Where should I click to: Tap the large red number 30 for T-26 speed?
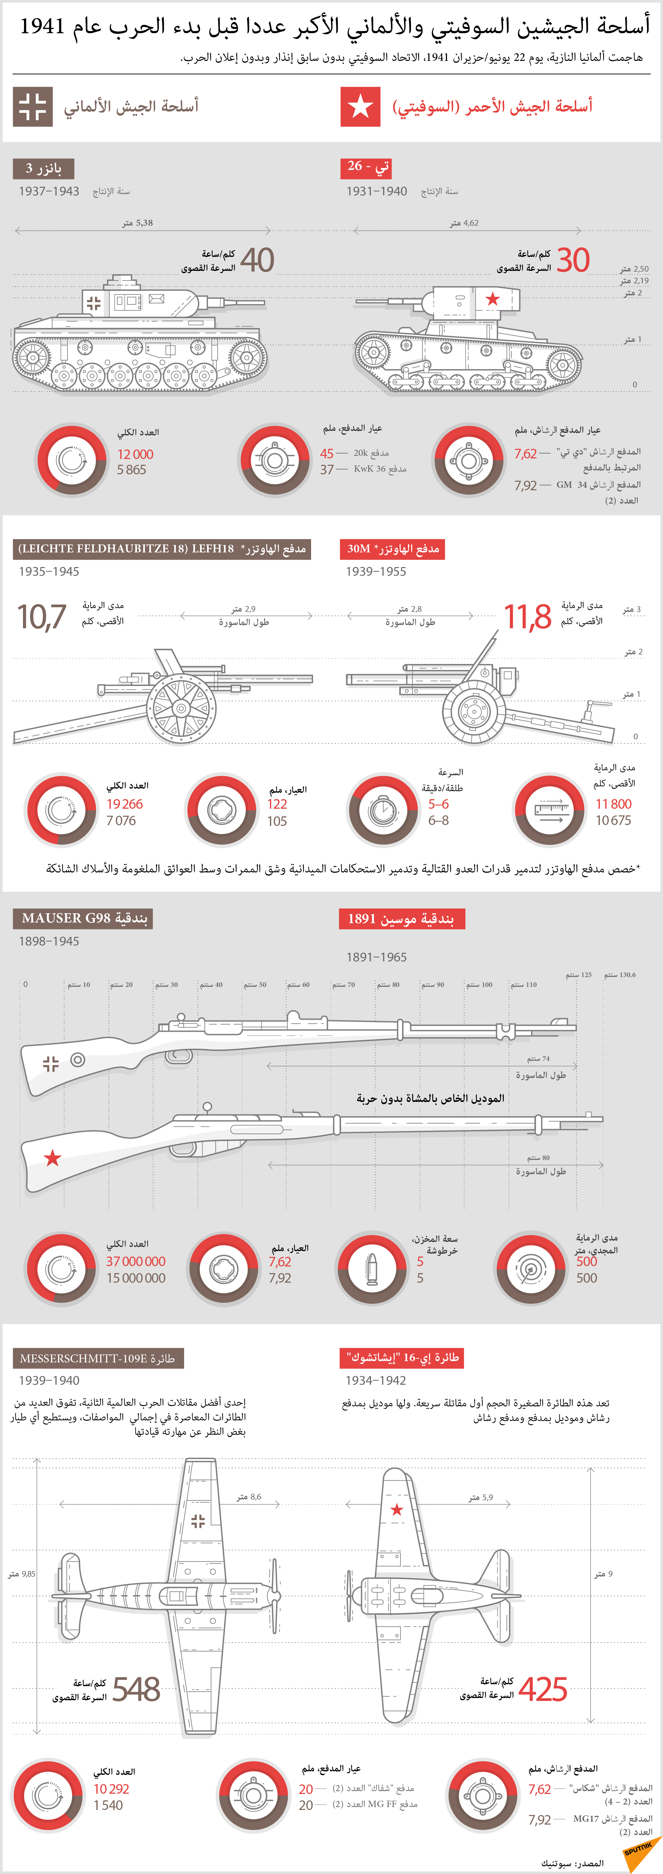tap(573, 260)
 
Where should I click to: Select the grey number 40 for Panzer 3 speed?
tap(257, 260)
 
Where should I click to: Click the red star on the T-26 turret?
tap(493, 298)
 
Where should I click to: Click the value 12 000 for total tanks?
tap(135, 454)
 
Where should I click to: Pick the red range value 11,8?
tap(528, 617)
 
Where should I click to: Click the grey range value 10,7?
tap(41, 617)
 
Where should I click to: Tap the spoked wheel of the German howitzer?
tap(181, 707)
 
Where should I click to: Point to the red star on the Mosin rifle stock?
tap(52, 1157)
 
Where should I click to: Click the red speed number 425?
tap(543, 1689)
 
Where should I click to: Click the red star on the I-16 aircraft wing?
tap(397, 1510)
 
